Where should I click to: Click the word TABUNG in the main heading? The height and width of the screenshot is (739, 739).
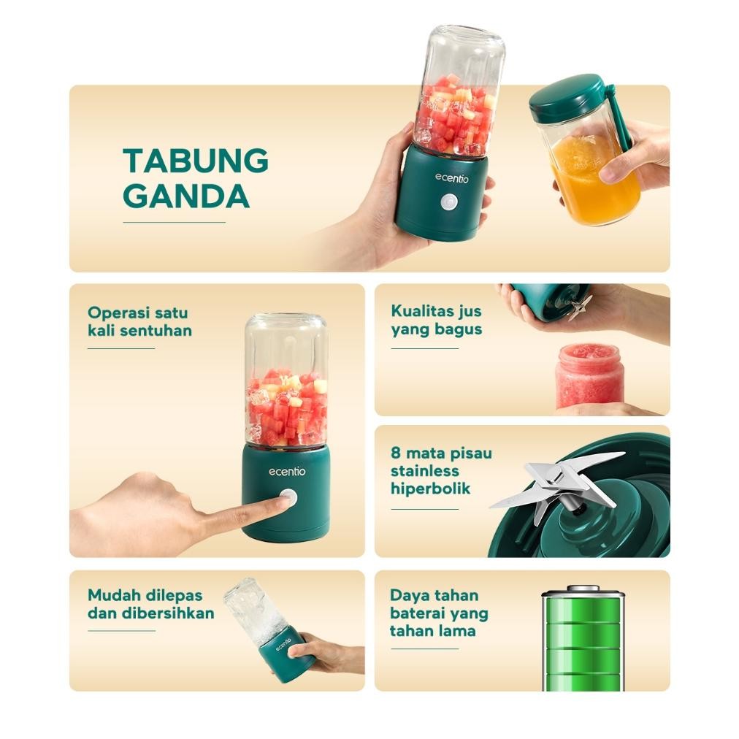tap(195, 160)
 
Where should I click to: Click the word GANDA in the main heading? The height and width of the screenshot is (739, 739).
tap(185, 196)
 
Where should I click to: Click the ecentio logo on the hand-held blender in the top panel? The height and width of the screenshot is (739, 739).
tap(452, 177)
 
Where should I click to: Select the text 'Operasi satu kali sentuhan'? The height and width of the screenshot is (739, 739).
tap(139, 321)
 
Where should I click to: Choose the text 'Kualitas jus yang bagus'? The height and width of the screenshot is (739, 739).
tap(436, 320)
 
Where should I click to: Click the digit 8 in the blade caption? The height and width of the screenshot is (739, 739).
tap(395, 453)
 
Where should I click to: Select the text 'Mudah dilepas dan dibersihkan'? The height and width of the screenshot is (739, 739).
tap(150, 604)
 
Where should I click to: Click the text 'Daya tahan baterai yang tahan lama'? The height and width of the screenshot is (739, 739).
tap(438, 613)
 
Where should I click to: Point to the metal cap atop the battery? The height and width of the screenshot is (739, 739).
tap(583, 589)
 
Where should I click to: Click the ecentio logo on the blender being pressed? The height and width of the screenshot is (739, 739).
tap(286, 472)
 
